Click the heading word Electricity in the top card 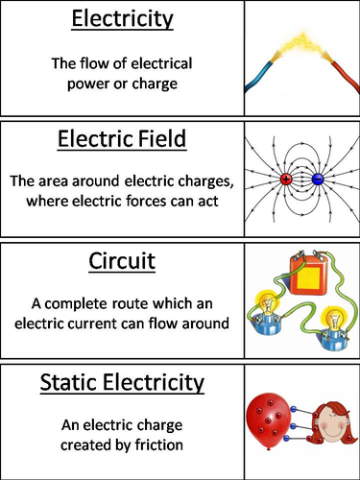[x=123, y=20]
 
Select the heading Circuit [x=123, y=262]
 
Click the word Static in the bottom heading [x=76, y=383]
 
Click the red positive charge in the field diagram [x=286, y=180]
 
